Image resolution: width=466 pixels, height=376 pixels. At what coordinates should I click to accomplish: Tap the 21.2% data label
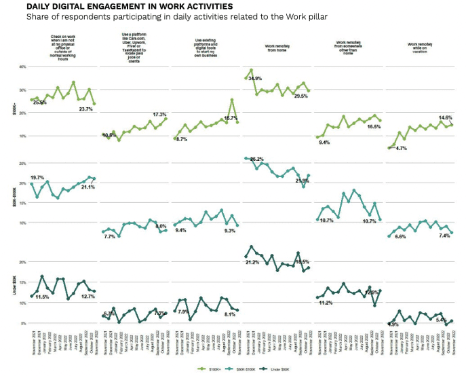(252, 262)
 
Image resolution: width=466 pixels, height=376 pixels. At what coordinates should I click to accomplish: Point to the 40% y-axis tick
(22, 67)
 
